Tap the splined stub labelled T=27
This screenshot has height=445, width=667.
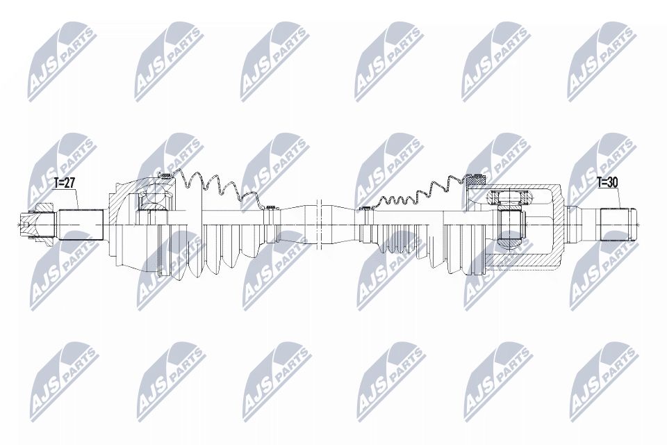[80, 224]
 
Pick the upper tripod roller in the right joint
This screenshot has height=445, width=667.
[505, 197]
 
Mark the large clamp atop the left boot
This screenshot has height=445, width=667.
[164, 175]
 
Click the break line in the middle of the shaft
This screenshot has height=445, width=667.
[320, 222]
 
